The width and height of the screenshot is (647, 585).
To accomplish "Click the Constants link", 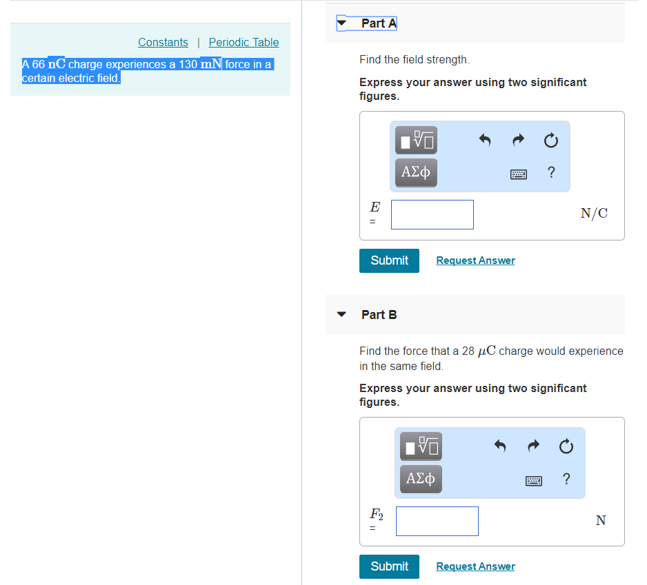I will click(163, 42).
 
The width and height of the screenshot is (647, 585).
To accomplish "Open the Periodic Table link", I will click(243, 42).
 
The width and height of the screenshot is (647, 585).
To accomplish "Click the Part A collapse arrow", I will click(342, 23).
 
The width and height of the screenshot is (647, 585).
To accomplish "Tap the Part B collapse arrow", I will click(341, 314).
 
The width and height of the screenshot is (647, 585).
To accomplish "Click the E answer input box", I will click(432, 214).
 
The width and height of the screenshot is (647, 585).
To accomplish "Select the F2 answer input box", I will click(437, 521).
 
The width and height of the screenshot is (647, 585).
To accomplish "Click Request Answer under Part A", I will click(475, 260).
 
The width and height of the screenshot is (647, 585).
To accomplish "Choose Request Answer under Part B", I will click(475, 566).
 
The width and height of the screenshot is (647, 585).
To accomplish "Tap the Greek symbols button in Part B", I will click(421, 478).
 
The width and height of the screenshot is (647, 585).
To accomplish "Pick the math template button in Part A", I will click(416, 141).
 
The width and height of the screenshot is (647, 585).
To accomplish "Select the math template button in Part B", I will click(421, 447).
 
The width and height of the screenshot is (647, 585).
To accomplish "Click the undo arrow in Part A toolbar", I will click(484, 141).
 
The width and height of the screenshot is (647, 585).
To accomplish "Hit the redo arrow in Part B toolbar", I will click(532, 447).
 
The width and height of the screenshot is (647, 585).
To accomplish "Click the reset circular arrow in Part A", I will click(550, 141).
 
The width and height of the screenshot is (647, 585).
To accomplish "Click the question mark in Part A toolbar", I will click(550, 173).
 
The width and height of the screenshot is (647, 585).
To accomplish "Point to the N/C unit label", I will click(594, 214).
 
